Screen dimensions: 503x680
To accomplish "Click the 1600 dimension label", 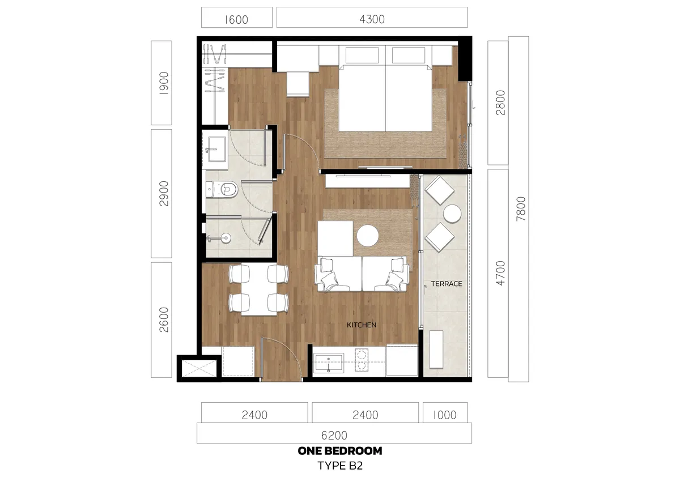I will tap(236, 19).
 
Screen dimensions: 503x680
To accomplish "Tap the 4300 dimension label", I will tap(372, 19).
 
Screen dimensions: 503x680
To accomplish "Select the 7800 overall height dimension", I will tap(519, 209).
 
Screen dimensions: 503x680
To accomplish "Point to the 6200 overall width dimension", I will tap(334, 435).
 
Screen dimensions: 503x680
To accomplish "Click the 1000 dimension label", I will tap(444, 415).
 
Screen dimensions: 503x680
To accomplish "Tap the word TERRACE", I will tap(447, 284).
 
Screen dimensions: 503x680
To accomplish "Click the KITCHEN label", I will tap(362, 325).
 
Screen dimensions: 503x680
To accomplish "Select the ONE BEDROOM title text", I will tap(340, 451).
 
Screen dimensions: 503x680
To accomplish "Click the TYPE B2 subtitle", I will tap(340, 467).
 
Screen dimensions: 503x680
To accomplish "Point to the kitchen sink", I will tap(329, 363).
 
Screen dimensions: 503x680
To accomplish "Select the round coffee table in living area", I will tap(368, 236).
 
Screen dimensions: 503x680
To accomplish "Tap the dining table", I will tap(258, 289).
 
